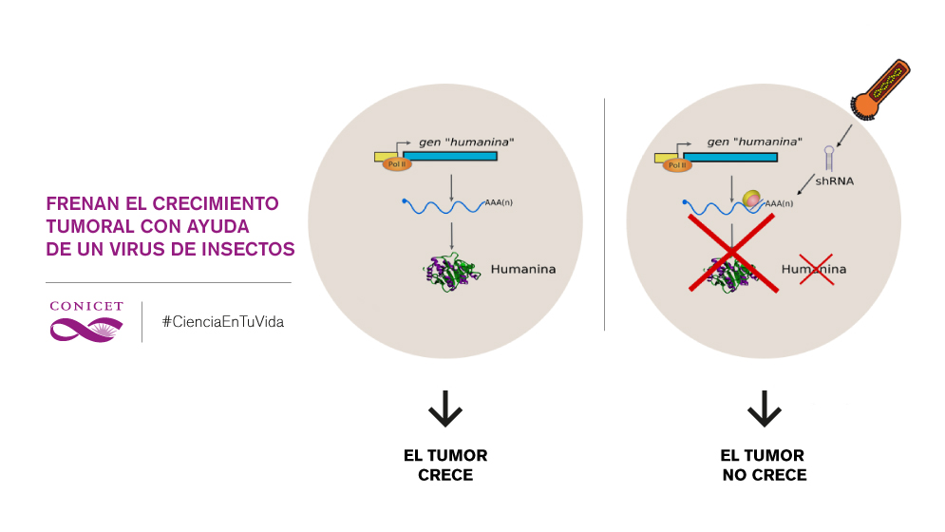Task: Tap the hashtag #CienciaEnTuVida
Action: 222,322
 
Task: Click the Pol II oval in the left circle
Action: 397,164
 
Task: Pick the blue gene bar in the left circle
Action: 450,156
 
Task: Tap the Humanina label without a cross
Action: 523,270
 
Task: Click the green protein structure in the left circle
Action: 447,271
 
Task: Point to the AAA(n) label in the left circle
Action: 499,203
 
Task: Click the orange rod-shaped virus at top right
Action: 880,89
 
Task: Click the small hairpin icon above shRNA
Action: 829,157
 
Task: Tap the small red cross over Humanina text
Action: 816,270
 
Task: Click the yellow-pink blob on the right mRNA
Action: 752,199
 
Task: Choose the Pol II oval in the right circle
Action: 677,164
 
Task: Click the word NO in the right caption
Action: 734,475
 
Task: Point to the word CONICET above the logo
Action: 86,307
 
